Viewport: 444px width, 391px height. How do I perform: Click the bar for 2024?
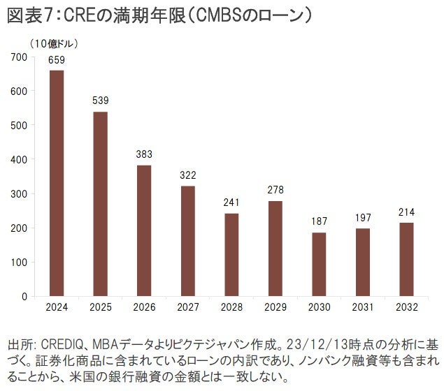(57, 183)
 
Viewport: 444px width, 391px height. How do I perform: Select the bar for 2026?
(144, 230)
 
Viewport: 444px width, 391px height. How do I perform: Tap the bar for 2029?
(275, 249)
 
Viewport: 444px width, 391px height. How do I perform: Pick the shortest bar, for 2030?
(320, 264)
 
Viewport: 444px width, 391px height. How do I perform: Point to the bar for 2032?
(407, 259)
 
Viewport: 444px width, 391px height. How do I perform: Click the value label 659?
(57, 60)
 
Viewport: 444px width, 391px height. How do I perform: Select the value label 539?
(101, 101)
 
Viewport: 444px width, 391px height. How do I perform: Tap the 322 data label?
(188, 175)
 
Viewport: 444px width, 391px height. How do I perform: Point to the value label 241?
(232, 203)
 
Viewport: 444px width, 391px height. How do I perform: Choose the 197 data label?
(363, 219)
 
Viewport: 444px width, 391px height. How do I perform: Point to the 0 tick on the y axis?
(24, 296)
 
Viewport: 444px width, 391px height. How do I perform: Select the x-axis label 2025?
(101, 307)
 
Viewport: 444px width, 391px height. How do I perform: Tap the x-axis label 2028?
(232, 307)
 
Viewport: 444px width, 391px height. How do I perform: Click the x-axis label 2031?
(363, 307)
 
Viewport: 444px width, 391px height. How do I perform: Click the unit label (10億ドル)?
(53, 43)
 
